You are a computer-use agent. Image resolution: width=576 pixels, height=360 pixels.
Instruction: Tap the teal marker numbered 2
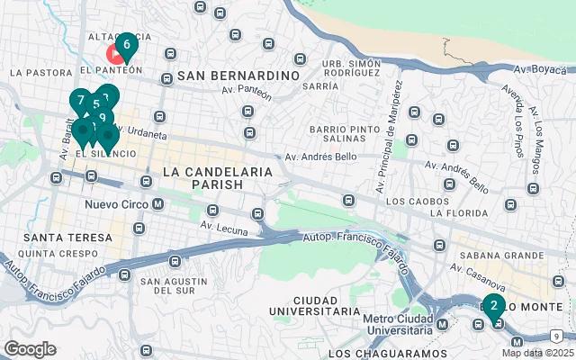pyautogui.click(x=493, y=304)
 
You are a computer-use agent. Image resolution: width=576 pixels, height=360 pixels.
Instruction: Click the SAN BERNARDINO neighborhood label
pyautogui.click(x=238, y=76)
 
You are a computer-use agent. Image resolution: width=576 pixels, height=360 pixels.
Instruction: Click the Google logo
pyautogui.click(x=30, y=348)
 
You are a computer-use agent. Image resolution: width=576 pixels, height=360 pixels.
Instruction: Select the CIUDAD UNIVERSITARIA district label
pyautogui.click(x=315, y=304)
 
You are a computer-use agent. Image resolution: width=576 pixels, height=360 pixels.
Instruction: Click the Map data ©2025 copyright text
pyautogui.click(x=537, y=353)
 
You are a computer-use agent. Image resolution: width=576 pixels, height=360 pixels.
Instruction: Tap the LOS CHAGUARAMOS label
pyautogui.click(x=387, y=354)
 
